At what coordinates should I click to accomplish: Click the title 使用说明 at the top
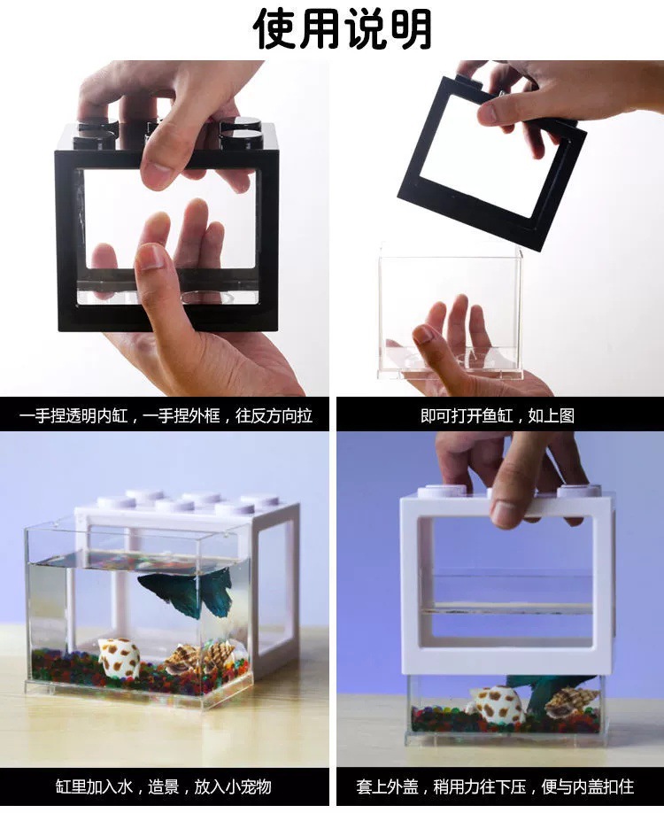click(x=343, y=28)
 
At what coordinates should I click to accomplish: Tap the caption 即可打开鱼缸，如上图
click(x=497, y=415)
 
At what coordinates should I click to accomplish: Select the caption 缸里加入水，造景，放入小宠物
click(x=163, y=786)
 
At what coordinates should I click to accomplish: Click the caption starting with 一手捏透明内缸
click(x=166, y=415)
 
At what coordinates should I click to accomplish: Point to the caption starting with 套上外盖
click(x=495, y=786)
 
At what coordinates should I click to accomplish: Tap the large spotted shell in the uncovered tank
click(x=119, y=657)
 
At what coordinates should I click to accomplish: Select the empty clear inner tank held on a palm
click(x=450, y=311)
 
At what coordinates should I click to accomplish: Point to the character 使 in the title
click(x=274, y=28)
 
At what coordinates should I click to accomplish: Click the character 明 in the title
click(x=411, y=28)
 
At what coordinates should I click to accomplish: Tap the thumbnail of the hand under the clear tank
click(x=423, y=334)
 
